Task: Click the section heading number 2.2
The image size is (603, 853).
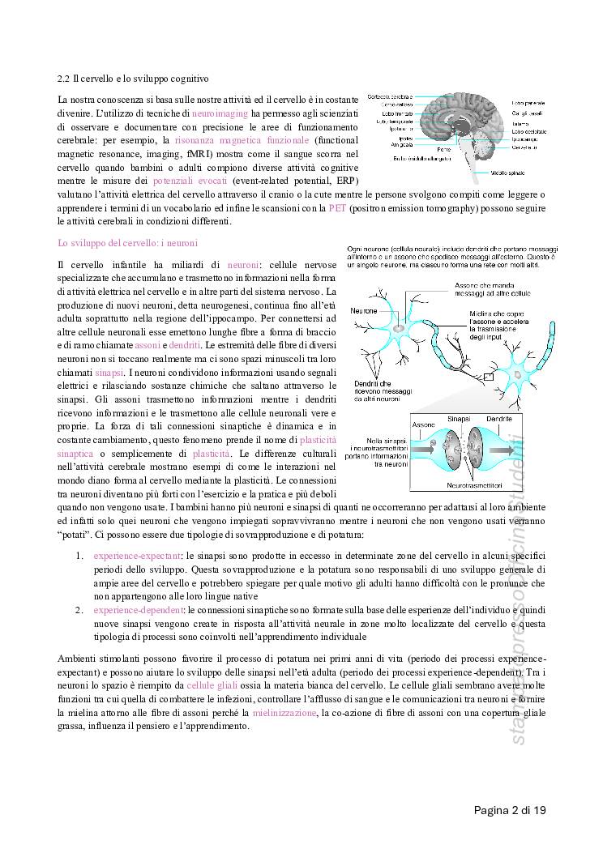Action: (64, 79)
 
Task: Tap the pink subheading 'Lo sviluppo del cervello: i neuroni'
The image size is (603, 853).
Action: (128, 242)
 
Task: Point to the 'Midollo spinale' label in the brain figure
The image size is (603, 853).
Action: (530, 173)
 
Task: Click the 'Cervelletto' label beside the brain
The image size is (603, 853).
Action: (524, 147)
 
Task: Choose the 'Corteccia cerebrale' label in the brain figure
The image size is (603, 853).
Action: (389, 97)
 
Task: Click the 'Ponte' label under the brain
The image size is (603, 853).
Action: (443, 149)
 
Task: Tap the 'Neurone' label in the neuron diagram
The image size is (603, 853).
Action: (364, 310)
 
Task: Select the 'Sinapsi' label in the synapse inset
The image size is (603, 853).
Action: (460, 420)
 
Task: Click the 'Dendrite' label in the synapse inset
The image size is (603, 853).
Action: (499, 420)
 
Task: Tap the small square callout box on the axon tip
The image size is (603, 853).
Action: (488, 376)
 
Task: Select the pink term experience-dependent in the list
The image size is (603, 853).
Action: (135, 608)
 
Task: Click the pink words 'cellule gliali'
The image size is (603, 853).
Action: (212, 685)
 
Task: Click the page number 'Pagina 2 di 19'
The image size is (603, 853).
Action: (510, 809)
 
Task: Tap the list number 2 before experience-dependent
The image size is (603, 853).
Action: (79, 608)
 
